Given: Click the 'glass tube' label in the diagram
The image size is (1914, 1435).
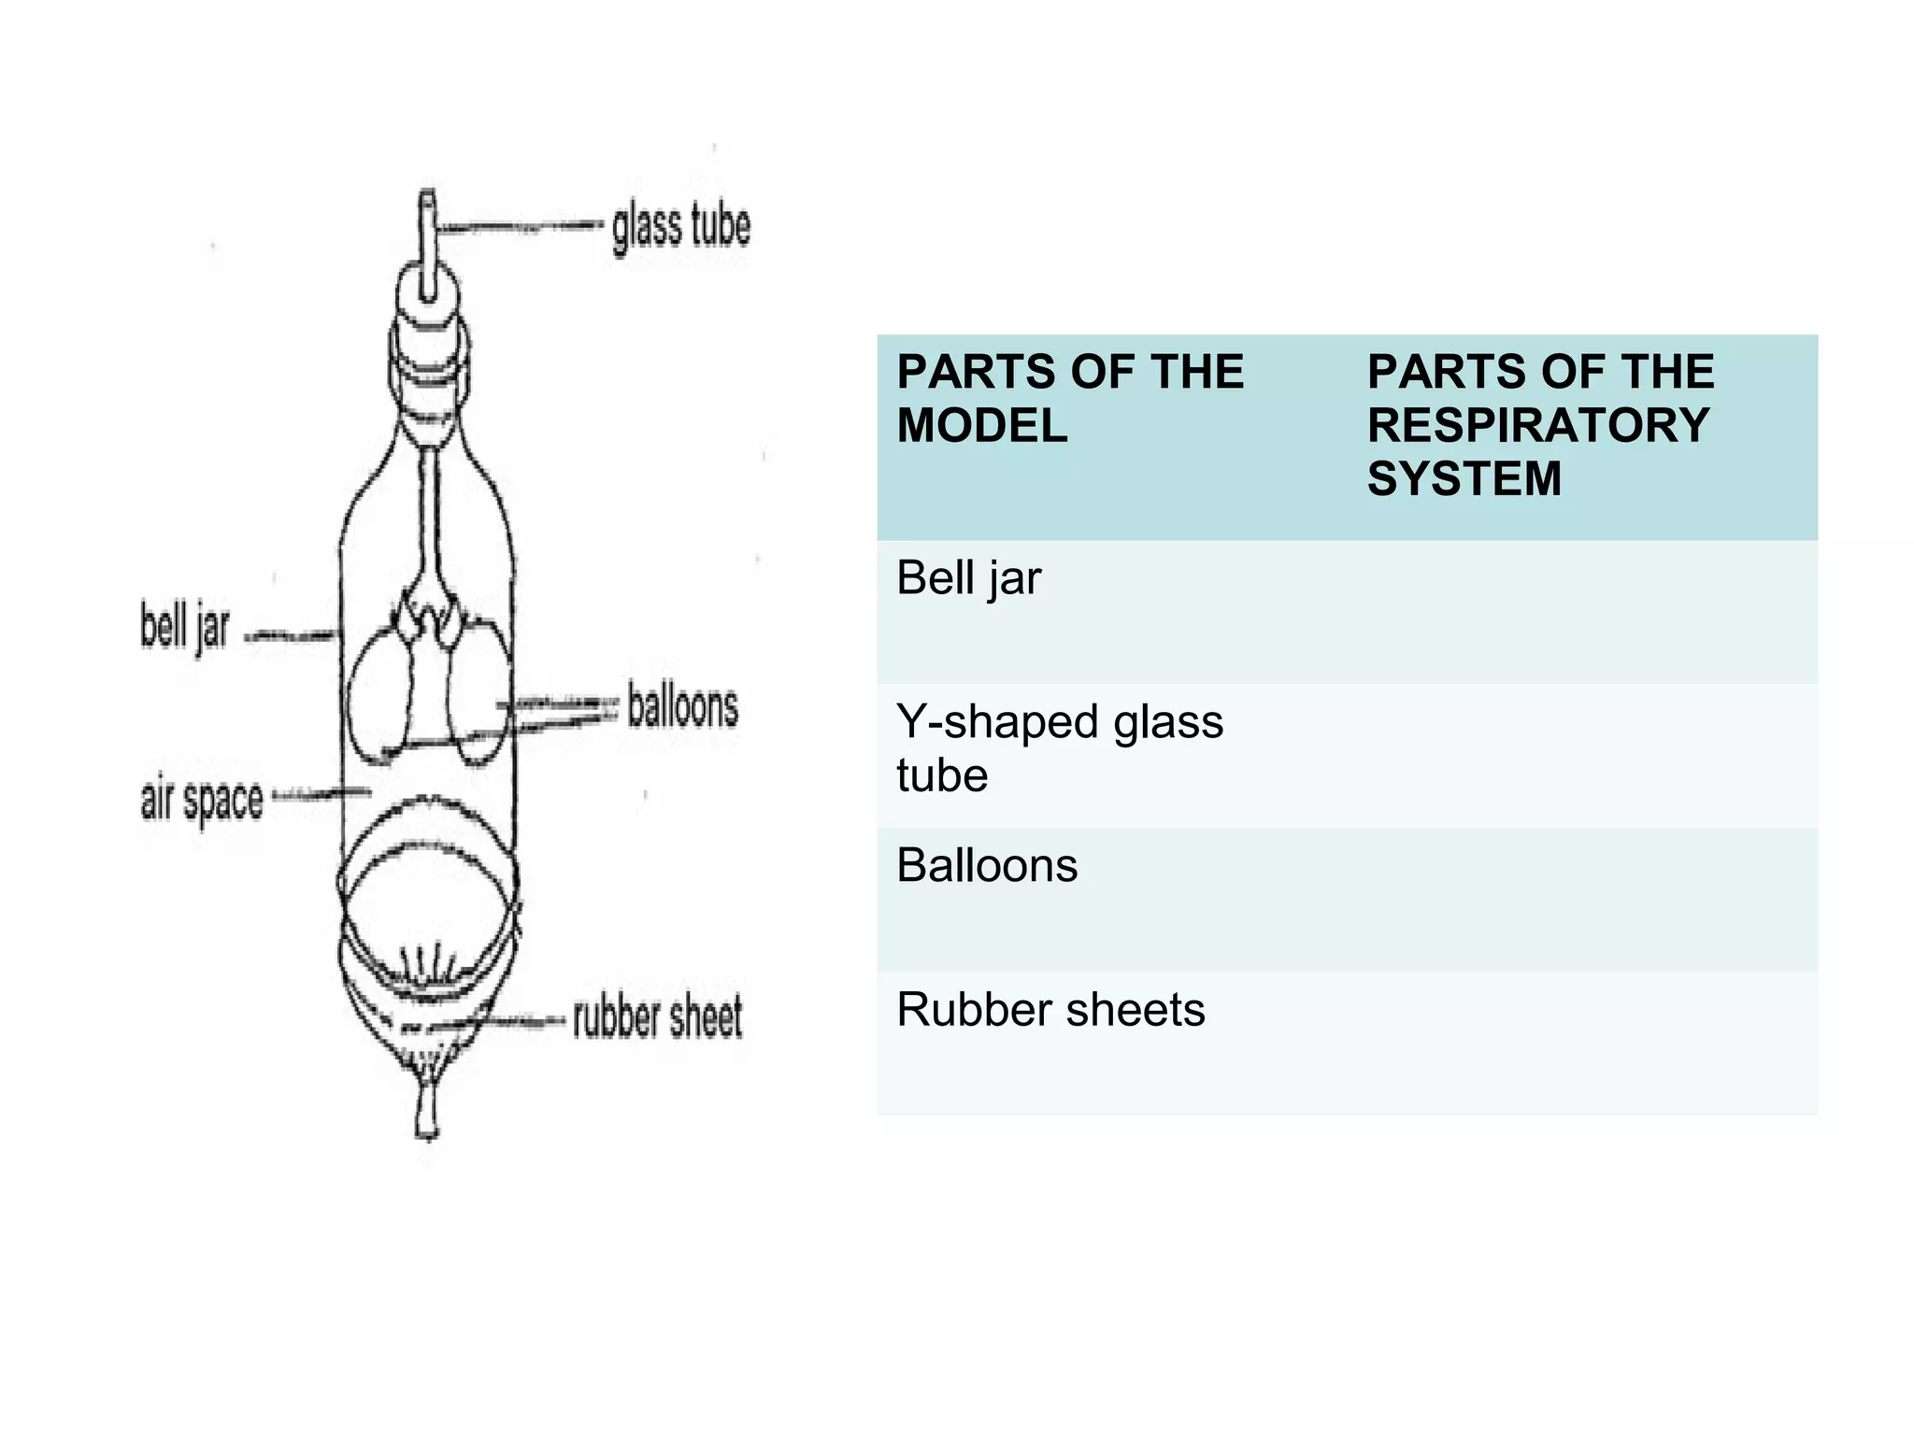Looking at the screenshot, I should point(680,227).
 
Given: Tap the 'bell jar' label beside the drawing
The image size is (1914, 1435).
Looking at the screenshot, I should point(184,626).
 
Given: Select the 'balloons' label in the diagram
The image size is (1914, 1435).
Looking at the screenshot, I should point(682,706).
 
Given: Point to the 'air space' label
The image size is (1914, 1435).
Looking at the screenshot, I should point(202,801).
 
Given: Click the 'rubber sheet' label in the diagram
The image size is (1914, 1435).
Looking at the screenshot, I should point(657,1017).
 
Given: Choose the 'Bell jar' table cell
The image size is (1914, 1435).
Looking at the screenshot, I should point(968,578).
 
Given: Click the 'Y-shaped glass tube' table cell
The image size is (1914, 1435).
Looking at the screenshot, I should point(1059,747).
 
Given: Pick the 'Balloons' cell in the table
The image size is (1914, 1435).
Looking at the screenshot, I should point(987,865).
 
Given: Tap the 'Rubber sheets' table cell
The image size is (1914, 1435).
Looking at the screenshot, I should point(1050,1010).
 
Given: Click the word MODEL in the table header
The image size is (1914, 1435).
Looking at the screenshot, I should point(981,426).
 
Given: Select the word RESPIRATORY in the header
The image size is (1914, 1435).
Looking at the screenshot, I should point(1537,426).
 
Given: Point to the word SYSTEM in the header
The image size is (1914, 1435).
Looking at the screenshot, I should point(1464,479).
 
